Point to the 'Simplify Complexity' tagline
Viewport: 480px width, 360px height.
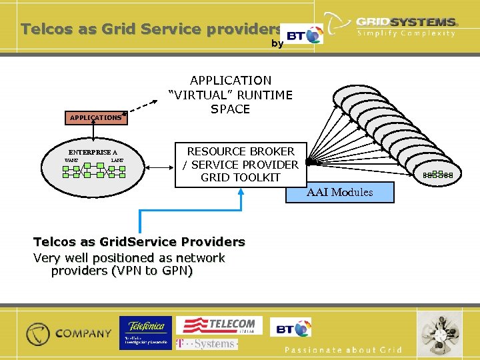click(407, 33)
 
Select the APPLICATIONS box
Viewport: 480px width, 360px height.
click(97, 117)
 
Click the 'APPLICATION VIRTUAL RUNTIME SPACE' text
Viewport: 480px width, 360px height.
click(231, 94)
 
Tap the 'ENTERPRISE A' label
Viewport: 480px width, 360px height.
click(93, 152)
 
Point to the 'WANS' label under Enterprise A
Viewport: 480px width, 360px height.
click(71, 161)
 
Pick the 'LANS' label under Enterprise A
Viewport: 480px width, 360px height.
click(117, 161)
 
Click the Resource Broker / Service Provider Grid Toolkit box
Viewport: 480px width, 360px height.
click(241, 165)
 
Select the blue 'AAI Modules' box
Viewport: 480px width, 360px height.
click(339, 192)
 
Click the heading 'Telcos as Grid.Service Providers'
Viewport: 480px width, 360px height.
click(139, 241)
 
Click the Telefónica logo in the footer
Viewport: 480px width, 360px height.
click(145, 333)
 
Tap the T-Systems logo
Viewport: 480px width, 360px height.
click(206, 343)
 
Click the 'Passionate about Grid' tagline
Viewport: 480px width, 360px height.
click(343, 350)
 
